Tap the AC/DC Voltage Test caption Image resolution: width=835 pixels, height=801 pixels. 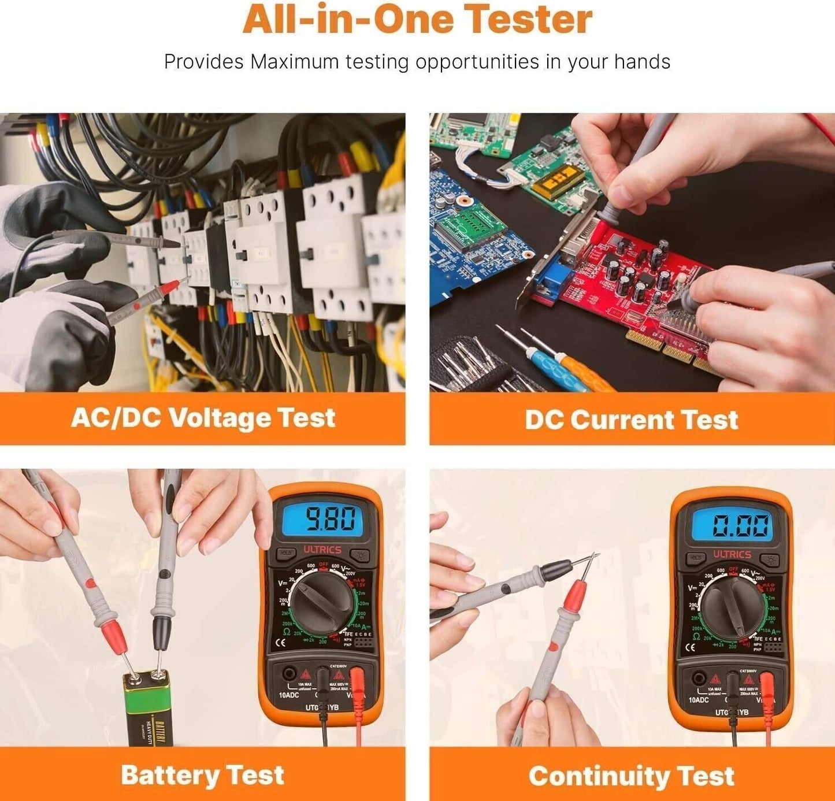point(203,418)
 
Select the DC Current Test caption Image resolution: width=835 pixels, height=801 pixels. point(631,420)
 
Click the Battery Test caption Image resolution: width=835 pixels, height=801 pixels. point(202,775)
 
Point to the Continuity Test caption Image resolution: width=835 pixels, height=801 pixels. point(631,776)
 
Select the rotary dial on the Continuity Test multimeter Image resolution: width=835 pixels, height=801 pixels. point(732,607)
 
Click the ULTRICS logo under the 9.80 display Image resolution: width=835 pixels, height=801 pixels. point(322,550)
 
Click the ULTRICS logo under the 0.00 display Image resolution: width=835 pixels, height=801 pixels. point(732,554)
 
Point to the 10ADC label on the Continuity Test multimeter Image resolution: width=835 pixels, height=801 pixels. point(698,700)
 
